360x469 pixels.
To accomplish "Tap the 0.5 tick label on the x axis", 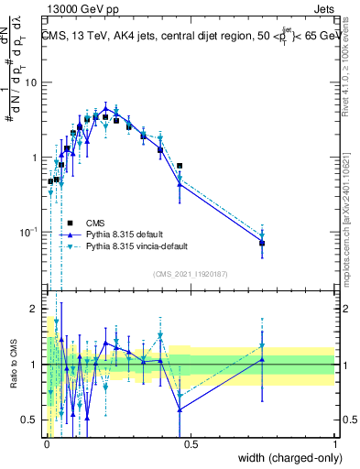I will pyautogui.click(x=191, y=443).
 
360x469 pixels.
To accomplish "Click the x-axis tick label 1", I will pyautogui.click(x=334, y=443).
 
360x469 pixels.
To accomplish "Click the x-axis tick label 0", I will pyautogui.click(x=47, y=443).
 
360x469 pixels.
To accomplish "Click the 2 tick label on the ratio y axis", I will pyautogui.click(x=37, y=309).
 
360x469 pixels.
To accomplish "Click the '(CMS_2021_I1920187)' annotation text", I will pyautogui.click(x=190, y=274).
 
